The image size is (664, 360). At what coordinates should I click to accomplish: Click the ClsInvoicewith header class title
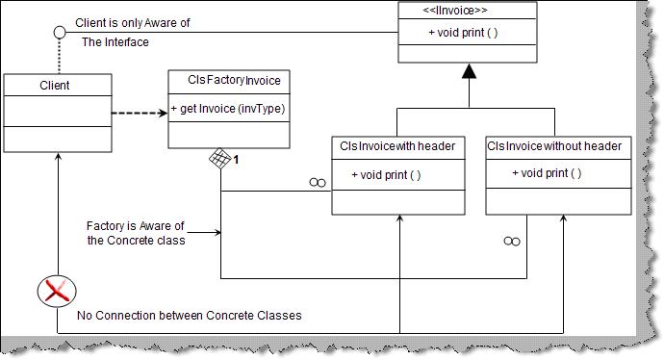397,146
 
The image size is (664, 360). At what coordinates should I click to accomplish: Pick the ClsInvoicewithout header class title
553,146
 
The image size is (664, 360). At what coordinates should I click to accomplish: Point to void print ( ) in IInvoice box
463,34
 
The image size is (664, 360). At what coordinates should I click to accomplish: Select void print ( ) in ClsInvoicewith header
386,175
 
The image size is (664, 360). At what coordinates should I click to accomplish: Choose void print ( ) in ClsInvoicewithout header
546,173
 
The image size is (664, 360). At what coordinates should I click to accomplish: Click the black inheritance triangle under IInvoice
468,72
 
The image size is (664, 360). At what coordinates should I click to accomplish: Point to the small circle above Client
59,33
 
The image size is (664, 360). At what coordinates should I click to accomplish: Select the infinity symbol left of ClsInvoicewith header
317,182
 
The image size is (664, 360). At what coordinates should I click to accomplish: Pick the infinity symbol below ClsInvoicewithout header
512,241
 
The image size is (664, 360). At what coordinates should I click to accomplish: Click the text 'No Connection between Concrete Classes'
189,315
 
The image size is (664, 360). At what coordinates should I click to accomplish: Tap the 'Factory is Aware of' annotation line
135,226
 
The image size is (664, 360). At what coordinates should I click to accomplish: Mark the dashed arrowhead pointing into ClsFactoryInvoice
163,114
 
